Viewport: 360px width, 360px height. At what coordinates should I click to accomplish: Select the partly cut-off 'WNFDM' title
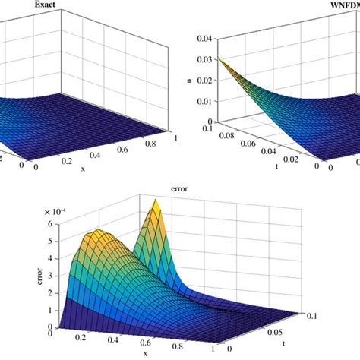(341, 8)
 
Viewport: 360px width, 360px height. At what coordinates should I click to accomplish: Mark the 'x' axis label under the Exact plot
(84, 168)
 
